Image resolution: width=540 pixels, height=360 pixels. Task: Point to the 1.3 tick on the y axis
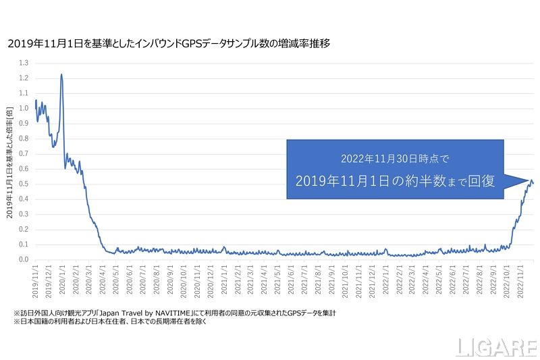click(x=24, y=63)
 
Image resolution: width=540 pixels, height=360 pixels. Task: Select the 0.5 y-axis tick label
click(x=24, y=184)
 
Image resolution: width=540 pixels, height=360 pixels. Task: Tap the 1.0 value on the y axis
click(x=24, y=108)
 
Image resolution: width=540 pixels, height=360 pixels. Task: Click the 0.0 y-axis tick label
click(x=24, y=259)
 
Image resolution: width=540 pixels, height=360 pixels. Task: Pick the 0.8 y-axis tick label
click(x=24, y=138)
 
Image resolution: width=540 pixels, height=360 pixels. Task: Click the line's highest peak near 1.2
click(x=61, y=75)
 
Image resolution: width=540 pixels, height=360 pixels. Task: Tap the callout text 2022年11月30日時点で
click(x=395, y=159)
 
